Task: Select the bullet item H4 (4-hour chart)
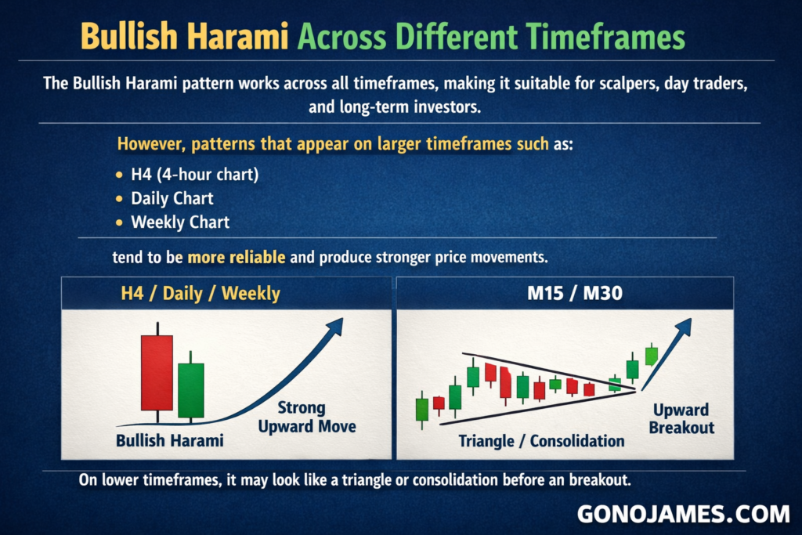(194, 175)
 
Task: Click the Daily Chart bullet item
(172, 198)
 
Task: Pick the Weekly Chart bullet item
(180, 222)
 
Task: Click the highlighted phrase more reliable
(237, 257)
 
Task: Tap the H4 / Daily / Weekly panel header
(200, 294)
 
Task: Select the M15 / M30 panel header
(574, 294)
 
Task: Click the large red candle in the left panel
(157, 372)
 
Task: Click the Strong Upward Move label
(307, 417)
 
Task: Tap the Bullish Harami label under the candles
(170, 440)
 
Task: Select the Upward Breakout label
(681, 418)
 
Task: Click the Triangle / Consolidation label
(541, 441)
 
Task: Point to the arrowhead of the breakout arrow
(684, 326)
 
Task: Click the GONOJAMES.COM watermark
(683, 514)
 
